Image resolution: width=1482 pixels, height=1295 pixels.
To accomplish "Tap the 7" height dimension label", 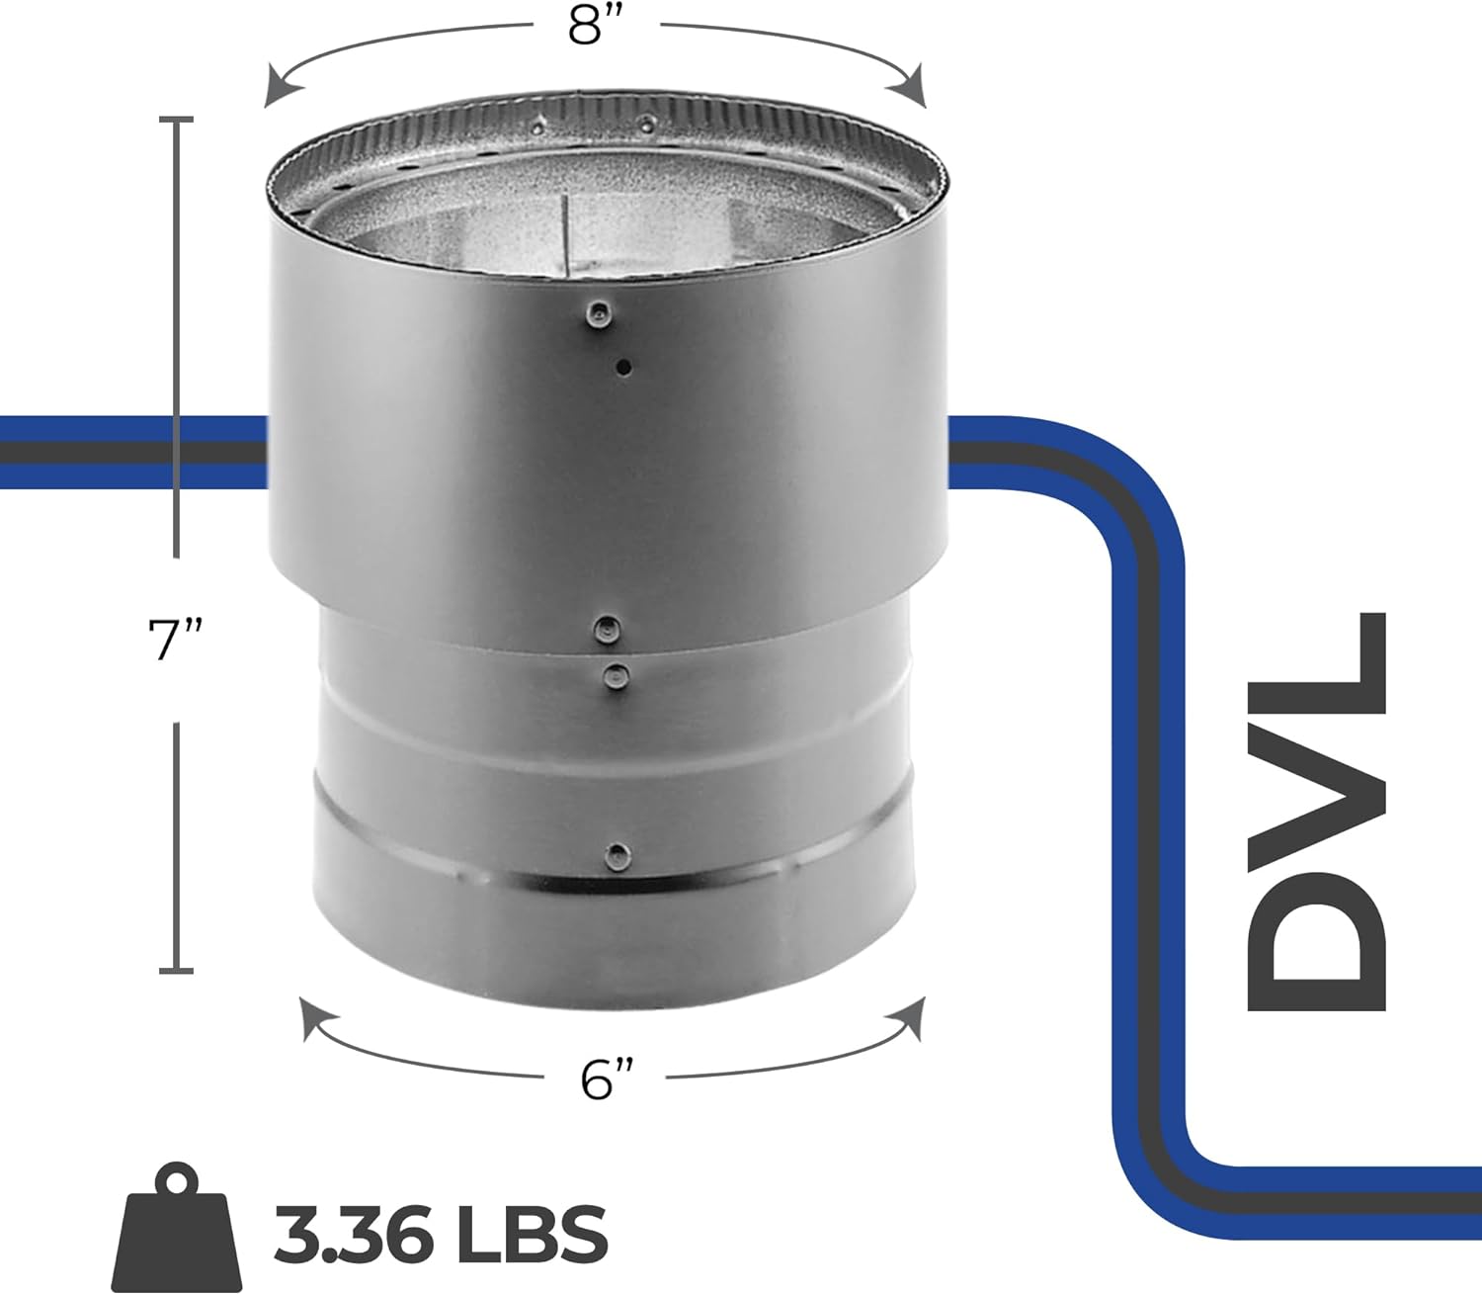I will (x=175, y=640).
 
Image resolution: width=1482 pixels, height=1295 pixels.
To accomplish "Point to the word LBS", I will (x=539, y=1233).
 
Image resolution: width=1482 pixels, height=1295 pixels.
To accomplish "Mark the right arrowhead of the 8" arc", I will (x=913, y=86).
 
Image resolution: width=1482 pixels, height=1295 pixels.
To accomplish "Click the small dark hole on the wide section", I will (x=623, y=368).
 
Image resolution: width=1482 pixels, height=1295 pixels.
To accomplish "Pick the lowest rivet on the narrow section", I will (x=617, y=854).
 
